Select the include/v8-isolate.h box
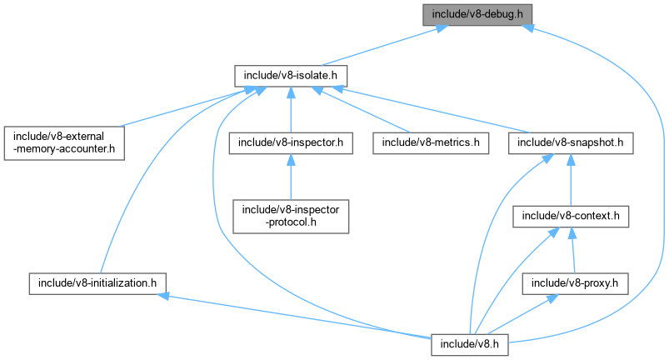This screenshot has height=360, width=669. (x=290, y=75)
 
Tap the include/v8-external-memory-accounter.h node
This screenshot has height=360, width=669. (x=63, y=142)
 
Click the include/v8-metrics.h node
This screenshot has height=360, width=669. (x=431, y=142)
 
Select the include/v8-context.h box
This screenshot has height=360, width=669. (x=570, y=216)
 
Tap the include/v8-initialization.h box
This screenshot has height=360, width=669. (x=92, y=282)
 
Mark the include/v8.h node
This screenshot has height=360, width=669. (x=470, y=342)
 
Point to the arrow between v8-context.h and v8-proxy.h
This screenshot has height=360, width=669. (x=572, y=250)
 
